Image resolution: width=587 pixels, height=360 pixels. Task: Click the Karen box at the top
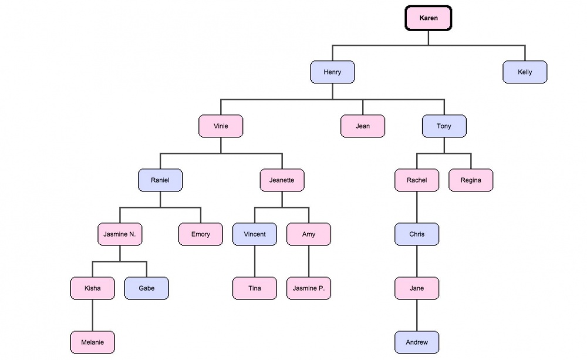click(429, 18)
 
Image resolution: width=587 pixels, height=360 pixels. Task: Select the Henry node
click(332, 72)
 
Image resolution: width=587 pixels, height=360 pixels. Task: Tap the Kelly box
click(525, 72)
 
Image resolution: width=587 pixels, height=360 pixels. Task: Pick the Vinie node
click(221, 126)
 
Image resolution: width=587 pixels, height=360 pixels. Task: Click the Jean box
click(363, 126)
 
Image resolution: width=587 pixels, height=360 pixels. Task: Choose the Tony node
click(444, 126)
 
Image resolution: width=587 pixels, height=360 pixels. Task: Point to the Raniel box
click(160, 180)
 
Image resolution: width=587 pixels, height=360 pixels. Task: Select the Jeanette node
click(282, 180)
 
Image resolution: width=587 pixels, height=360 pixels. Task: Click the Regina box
click(471, 180)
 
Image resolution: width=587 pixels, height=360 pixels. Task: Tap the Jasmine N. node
click(120, 234)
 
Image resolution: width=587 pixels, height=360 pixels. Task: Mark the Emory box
click(201, 234)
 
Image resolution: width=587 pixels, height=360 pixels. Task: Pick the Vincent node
click(255, 234)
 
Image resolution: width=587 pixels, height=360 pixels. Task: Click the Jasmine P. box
click(309, 288)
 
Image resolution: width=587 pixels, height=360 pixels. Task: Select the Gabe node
click(147, 288)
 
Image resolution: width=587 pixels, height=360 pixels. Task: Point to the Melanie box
click(92, 342)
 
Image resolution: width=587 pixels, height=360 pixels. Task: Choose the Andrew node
click(417, 342)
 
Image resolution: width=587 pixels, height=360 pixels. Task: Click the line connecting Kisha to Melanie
click(92, 315)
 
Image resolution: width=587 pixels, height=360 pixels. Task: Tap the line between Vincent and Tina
click(255, 261)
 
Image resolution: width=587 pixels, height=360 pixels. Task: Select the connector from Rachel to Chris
click(417, 207)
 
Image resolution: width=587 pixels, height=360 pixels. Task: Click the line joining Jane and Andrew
click(417, 315)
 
